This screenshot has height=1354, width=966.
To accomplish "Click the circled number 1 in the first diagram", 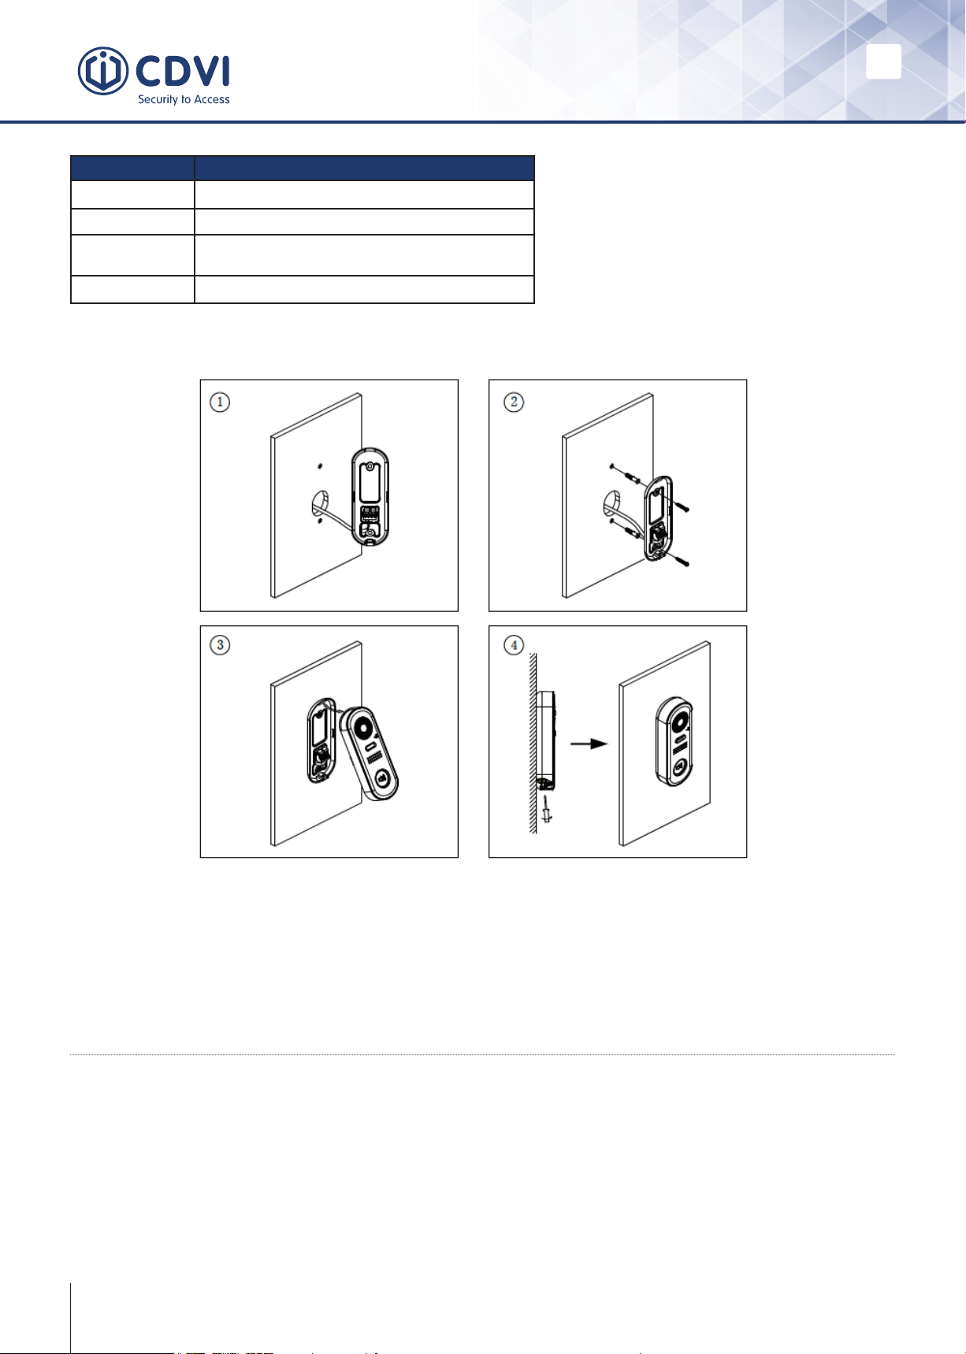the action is [220, 402].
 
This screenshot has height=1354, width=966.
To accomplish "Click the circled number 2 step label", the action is [514, 402].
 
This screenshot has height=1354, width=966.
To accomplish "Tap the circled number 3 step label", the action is [220, 645].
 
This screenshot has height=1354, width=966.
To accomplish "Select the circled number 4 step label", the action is [514, 645].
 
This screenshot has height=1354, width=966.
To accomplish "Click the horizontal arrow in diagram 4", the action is [588, 743].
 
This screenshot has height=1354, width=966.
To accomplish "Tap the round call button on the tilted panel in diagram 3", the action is [381, 778].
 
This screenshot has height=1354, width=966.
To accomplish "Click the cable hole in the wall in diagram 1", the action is [321, 503].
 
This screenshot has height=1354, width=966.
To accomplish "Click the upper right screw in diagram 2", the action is [682, 507].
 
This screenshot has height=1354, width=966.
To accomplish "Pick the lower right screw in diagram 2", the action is [680, 561].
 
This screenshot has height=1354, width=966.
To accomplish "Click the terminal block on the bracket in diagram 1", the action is [370, 514].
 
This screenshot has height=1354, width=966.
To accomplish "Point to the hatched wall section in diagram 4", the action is [533, 743].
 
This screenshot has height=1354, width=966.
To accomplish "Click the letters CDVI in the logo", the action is [183, 72].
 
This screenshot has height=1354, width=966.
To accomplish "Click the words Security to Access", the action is [184, 100].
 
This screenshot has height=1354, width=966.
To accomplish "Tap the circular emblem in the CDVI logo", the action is [103, 72].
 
